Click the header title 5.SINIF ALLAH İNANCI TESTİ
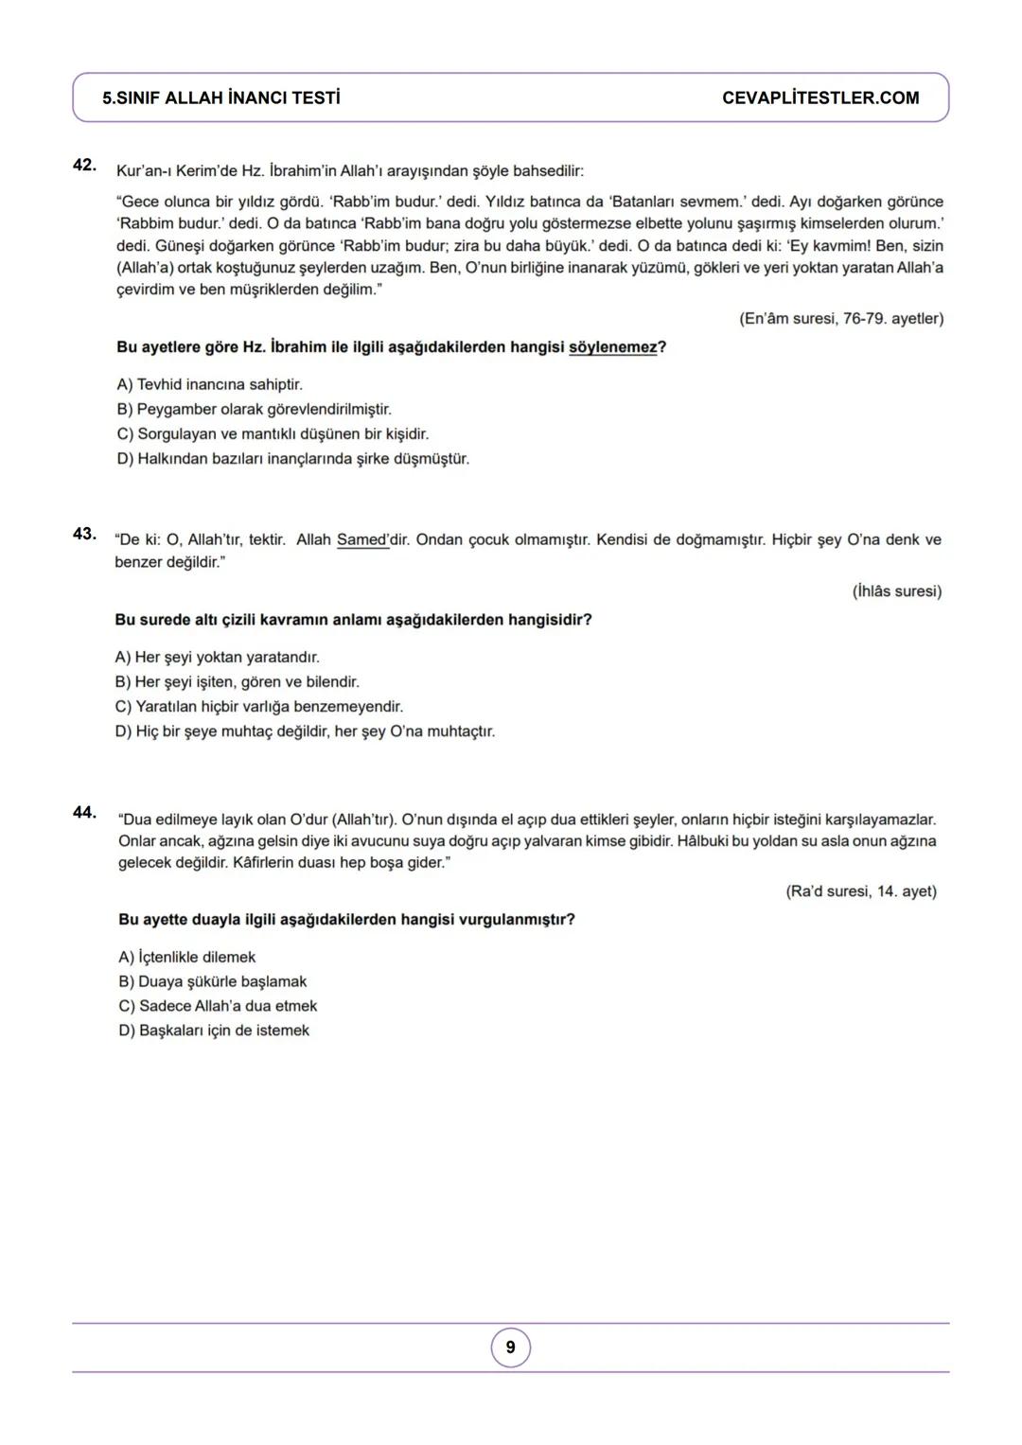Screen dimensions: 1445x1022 pos(221,98)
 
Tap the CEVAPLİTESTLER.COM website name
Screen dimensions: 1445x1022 pos(819,98)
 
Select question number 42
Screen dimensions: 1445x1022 pos(84,165)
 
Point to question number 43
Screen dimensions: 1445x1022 pos(84,534)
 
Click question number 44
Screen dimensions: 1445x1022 pos(84,812)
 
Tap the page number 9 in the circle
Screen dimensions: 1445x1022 pos(511,1348)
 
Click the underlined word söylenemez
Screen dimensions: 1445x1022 pos(612,347)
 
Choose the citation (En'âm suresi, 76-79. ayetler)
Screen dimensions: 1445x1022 pos(840,319)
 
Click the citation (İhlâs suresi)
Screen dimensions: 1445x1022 pos(896,591)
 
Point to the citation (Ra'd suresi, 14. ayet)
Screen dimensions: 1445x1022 pos(860,891)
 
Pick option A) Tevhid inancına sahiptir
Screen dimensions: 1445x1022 pos(209,385)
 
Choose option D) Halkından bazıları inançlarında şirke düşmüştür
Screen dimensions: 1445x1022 pos(292,459)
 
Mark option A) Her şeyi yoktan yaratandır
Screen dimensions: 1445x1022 pos(217,658)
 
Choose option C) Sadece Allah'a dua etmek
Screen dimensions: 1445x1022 pos(218,1006)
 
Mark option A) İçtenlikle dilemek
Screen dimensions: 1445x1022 pos(186,958)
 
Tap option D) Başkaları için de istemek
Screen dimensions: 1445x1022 pos(214,1031)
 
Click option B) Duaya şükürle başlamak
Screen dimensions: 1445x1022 pos(212,982)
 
